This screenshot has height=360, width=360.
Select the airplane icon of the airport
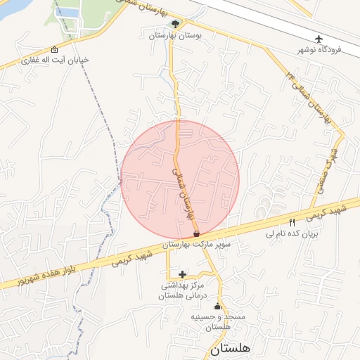coord(319,38)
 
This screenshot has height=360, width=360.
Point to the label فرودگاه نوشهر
coord(323,50)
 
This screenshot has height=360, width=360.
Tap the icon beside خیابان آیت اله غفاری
coord(55,49)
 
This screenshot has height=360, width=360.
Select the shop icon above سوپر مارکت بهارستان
coord(196,233)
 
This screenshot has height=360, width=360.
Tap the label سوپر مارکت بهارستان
coord(196,244)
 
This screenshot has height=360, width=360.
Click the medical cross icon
coord(183,274)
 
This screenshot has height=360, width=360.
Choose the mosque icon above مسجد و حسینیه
coord(217,307)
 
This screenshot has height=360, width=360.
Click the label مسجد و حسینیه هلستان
coord(219,322)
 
